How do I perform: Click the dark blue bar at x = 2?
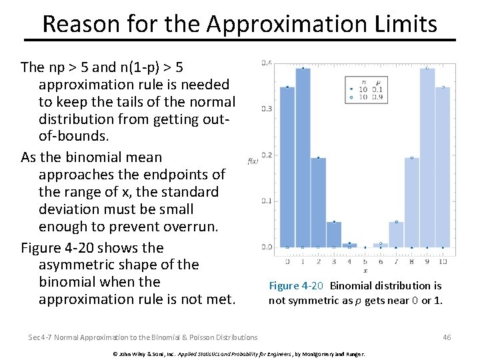319,203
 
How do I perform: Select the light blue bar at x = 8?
412,203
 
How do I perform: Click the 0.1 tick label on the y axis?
266,201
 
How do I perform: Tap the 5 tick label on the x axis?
365,262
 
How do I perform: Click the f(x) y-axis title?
253,161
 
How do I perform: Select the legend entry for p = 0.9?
365,97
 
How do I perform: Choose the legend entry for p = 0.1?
365,89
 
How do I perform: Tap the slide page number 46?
447,337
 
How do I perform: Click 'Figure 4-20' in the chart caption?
296,286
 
